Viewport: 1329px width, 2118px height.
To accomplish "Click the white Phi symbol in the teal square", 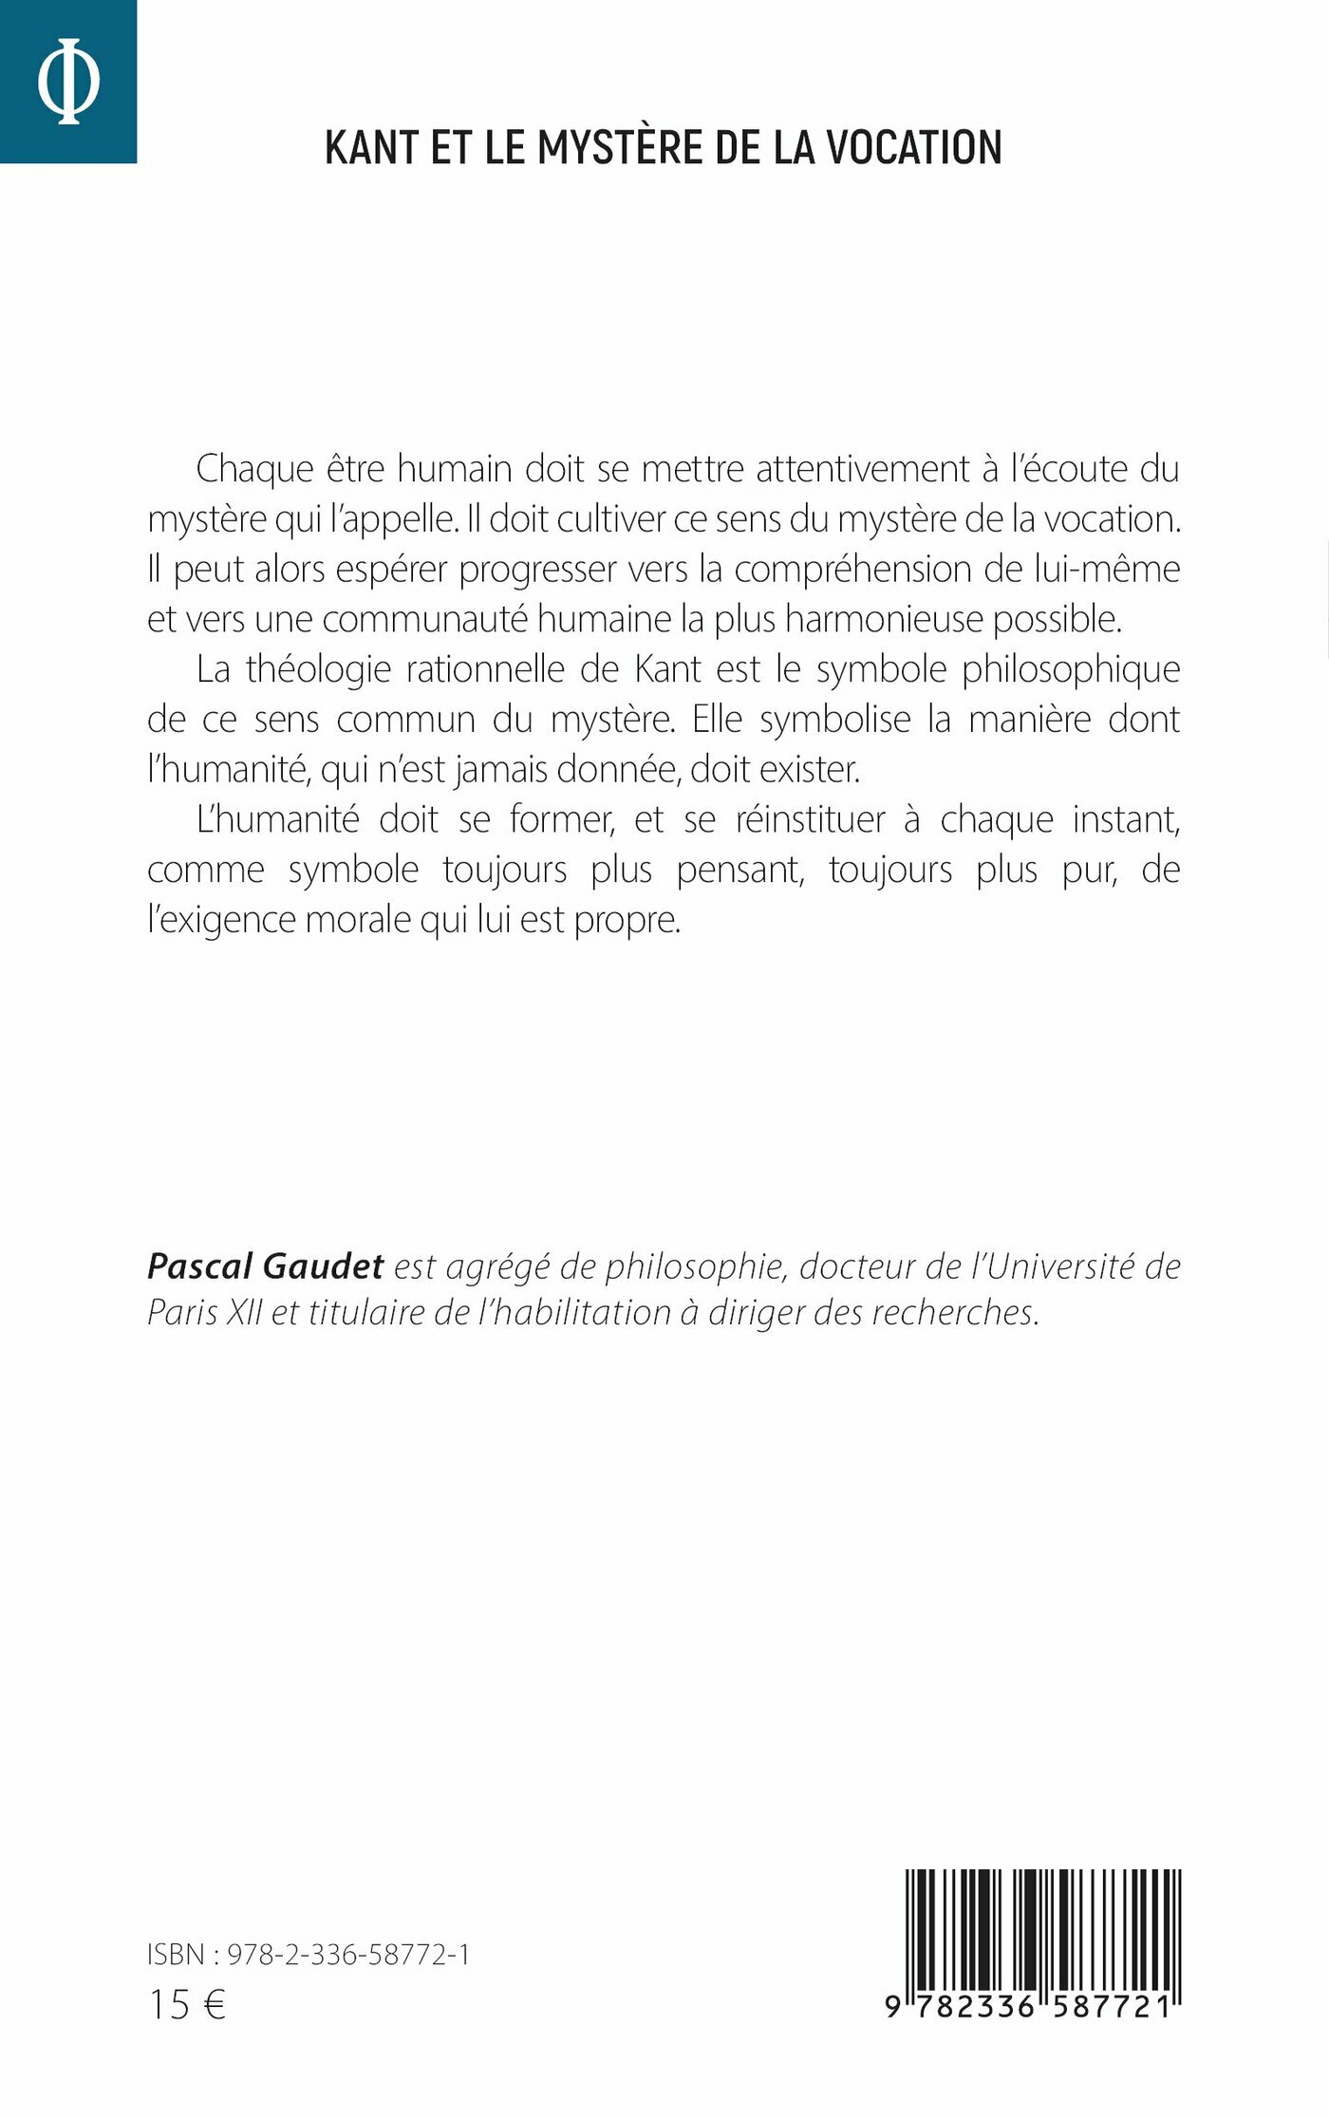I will coord(68,82).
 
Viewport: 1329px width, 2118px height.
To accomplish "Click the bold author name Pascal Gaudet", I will coord(265,1266).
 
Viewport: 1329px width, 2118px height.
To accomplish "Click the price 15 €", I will coord(187,2005).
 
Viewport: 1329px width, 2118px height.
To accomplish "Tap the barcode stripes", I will coord(1042,1926).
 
